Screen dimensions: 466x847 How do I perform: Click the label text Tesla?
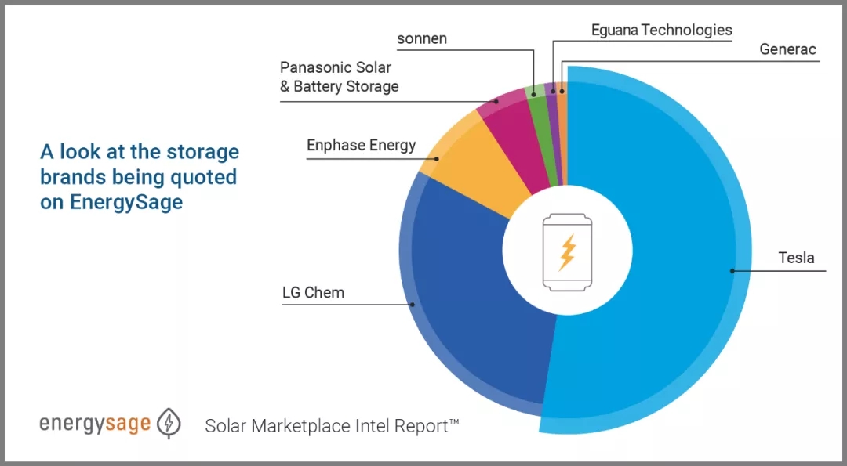[795, 258]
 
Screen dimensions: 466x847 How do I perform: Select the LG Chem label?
[313, 293]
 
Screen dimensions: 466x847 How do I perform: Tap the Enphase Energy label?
[361, 145]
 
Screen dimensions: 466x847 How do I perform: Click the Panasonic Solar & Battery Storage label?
[339, 77]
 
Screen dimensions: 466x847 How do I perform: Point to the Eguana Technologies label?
[661, 31]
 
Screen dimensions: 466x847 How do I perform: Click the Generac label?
[787, 50]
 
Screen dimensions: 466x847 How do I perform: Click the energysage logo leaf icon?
[168, 423]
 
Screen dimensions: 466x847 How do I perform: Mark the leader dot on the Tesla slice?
[732, 271]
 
